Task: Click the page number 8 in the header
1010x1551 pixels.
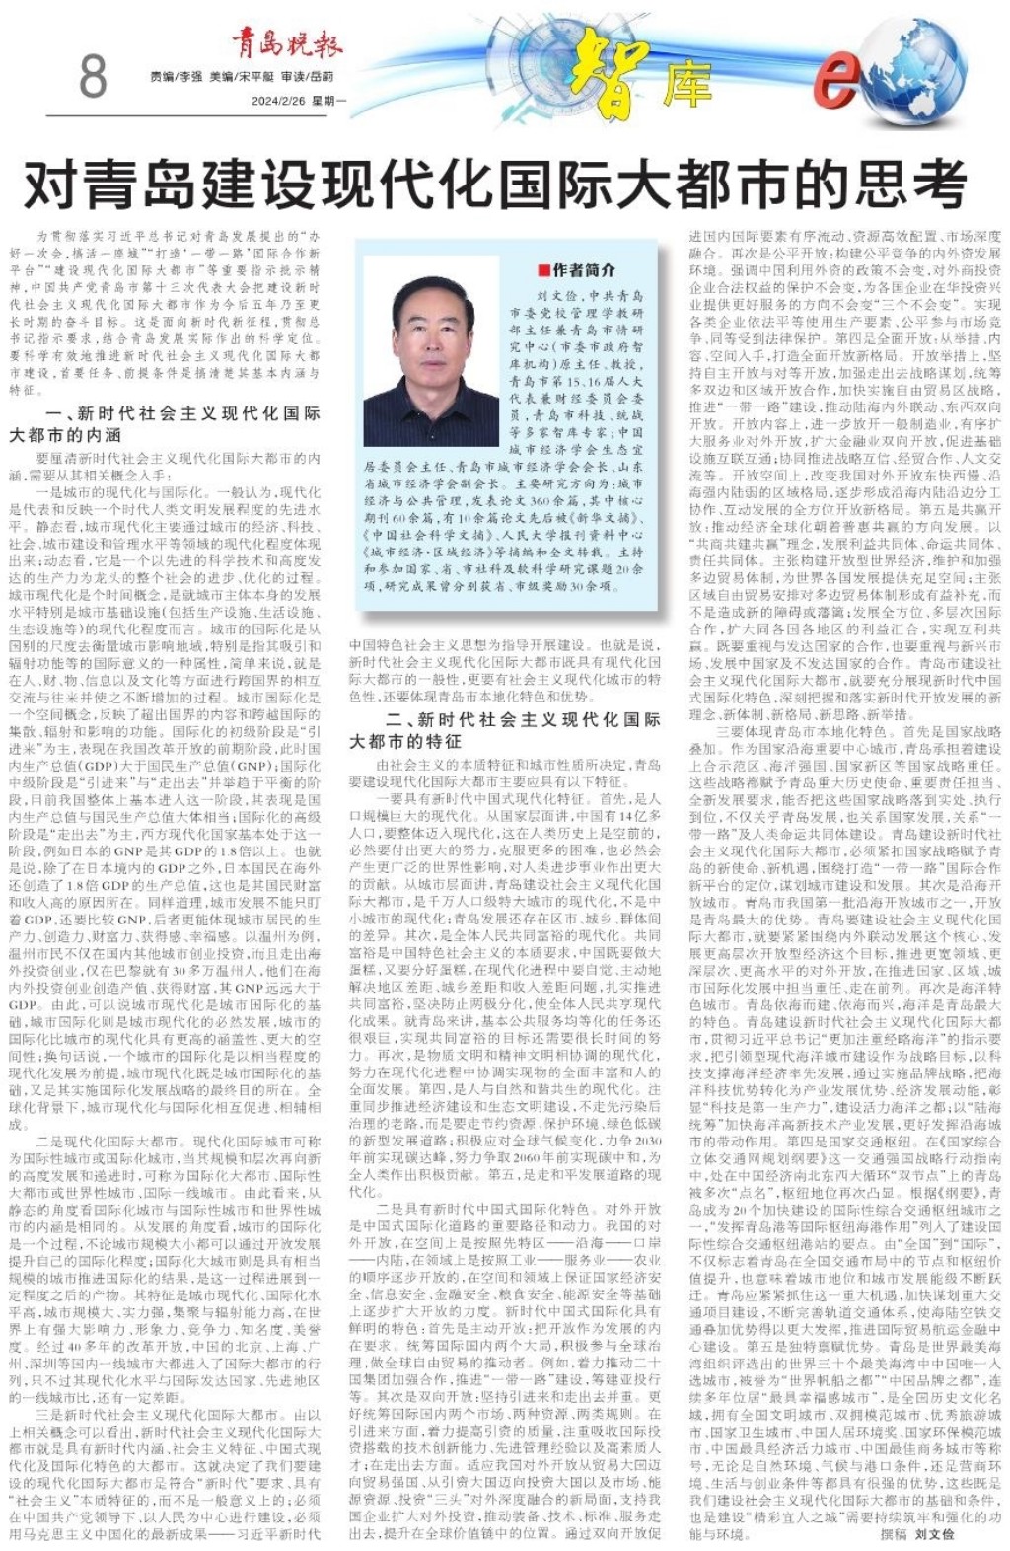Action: coord(92,76)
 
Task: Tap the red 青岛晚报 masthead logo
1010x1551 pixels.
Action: coord(287,43)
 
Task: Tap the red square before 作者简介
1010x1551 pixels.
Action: coord(543,270)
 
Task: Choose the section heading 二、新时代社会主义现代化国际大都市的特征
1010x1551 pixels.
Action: coord(504,729)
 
